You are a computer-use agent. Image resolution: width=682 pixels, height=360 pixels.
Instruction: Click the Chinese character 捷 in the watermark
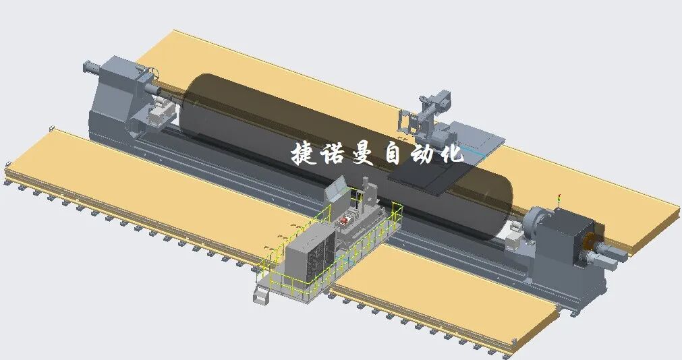point(304,153)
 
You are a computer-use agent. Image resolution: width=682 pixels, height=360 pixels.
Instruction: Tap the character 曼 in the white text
point(363,153)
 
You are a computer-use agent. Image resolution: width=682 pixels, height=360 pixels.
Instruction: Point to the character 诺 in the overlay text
point(334,153)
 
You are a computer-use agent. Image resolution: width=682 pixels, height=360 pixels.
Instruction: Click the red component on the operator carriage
point(345,220)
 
